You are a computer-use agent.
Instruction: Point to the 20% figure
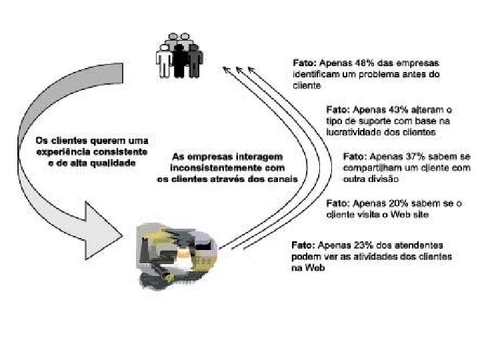click(x=397, y=203)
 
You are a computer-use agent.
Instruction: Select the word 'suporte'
click(x=379, y=121)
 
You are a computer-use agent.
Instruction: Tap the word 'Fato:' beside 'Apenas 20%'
click(x=338, y=203)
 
